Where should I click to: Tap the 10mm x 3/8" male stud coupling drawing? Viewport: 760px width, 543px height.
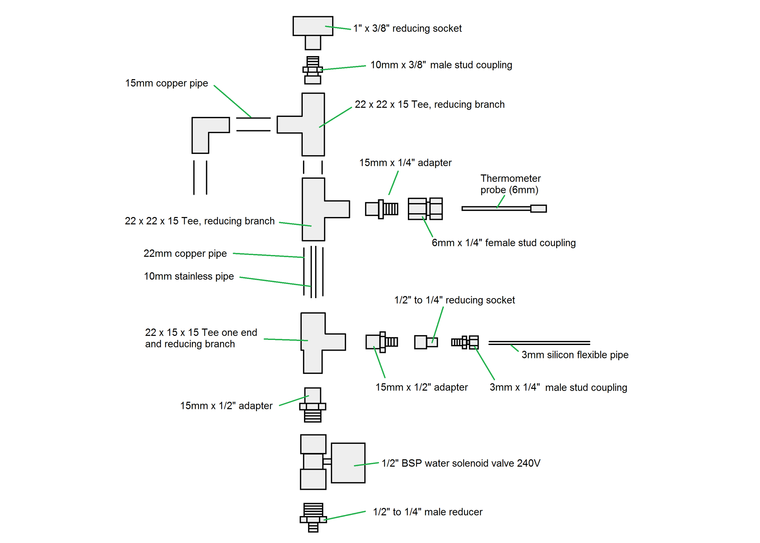point(313,70)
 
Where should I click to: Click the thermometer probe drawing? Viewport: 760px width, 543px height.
point(504,209)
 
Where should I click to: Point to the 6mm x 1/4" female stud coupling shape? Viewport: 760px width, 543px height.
point(425,209)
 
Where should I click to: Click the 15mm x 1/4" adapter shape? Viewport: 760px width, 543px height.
point(381,209)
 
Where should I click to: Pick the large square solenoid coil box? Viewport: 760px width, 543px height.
point(348,463)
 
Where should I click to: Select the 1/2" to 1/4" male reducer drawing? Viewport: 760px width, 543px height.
point(313,517)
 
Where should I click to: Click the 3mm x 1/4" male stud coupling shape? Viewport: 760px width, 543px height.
point(465,342)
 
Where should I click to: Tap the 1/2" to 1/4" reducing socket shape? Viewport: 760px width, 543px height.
point(426,342)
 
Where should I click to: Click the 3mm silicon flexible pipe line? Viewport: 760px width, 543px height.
point(539,343)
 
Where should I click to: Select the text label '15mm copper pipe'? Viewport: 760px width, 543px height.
point(167,83)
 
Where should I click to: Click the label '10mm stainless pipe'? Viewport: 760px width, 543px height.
point(189,276)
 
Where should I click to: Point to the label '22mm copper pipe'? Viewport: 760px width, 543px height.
point(185,253)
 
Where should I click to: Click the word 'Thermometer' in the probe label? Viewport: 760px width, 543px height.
point(510,178)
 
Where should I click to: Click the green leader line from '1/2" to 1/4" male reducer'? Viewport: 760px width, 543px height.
point(344,515)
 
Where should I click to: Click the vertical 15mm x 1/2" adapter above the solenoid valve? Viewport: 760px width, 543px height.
point(313,405)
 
